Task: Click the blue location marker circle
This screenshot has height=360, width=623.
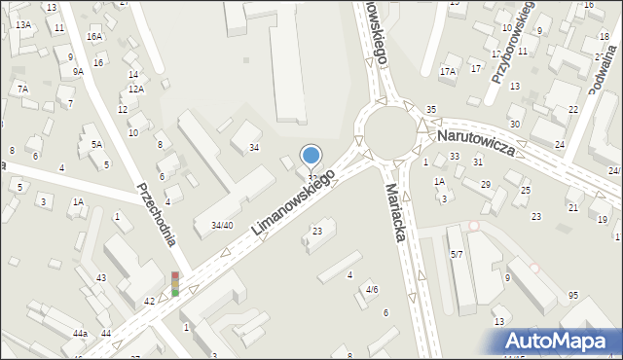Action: (x=311, y=155)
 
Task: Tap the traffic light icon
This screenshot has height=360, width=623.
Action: (x=175, y=283)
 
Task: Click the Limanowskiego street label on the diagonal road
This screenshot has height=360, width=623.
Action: (x=293, y=203)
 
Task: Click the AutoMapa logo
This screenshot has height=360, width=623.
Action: (x=560, y=341)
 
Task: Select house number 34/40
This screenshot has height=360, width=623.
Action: (x=222, y=226)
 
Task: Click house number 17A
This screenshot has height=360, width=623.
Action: (x=448, y=71)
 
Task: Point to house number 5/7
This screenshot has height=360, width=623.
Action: (x=457, y=255)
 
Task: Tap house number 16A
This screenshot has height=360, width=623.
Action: (x=93, y=36)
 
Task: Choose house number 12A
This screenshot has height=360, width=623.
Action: (x=136, y=90)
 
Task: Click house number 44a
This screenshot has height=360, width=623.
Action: (x=80, y=334)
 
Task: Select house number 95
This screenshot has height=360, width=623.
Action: (x=573, y=295)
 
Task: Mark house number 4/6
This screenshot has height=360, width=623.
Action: (x=371, y=290)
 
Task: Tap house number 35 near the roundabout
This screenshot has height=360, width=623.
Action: (x=431, y=109)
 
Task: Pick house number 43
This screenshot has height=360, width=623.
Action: (x=101, y=278)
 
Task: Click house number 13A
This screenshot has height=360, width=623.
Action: (x=22, y=25)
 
